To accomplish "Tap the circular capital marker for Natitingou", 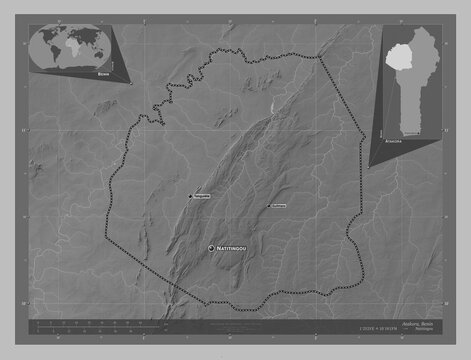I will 211,247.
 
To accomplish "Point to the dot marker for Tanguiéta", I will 191,195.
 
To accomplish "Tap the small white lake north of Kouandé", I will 271,103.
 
